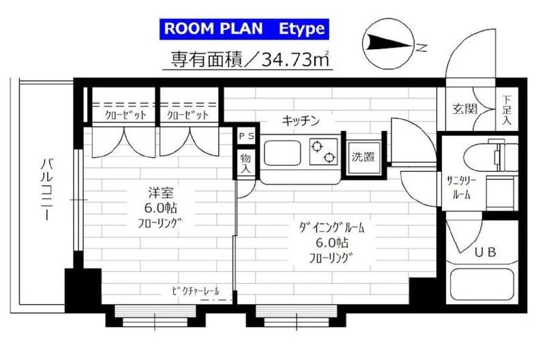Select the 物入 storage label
(x=245, y=162)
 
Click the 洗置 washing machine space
(x=362, y=157)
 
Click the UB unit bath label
(x=485, y=252)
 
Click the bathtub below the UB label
(x=484, y=287)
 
